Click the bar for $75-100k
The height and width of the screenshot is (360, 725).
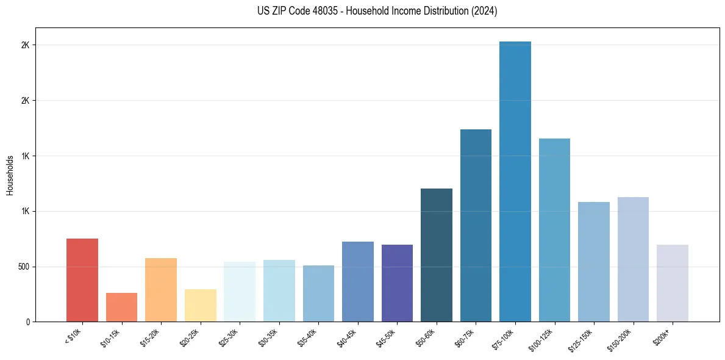[x=515, y=182]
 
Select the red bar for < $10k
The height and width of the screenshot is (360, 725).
[x=82, y=280]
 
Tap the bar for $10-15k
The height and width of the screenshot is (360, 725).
[x=121, y=308]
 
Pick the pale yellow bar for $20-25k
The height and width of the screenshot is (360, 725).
[x=200, y=306]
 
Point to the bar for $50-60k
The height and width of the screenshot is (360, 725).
[x=437, y=255]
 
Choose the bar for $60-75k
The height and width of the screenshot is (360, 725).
[x=476, y=226]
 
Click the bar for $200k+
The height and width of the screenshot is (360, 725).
[x=673, y=283]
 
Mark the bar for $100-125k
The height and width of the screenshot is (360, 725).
[x=554, y=230]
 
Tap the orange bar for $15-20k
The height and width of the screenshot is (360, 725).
[x=161, y=290]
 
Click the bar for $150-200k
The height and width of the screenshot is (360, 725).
[x=633, y=259]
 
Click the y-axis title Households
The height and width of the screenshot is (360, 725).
[x=10, y=175]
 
